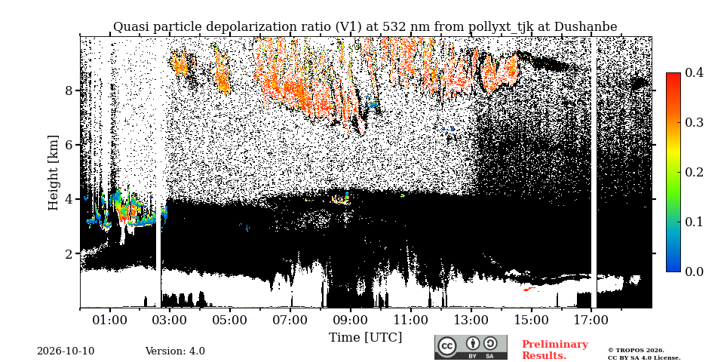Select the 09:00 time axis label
[351, 320]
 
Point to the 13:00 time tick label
[471, 320]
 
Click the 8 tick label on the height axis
[69, 90]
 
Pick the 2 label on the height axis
[69, 253]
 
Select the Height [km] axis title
[54, 173]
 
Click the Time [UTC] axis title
[365, 338]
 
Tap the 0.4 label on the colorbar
[694, 73]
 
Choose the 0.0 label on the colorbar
[694, 271]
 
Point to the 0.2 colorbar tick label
[694, 172]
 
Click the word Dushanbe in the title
[585, 27]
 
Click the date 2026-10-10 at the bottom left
[66, 351]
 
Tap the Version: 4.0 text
[175, 351]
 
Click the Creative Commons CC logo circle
[446, 347]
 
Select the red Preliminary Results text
[555, 350]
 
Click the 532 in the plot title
[389, 27]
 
